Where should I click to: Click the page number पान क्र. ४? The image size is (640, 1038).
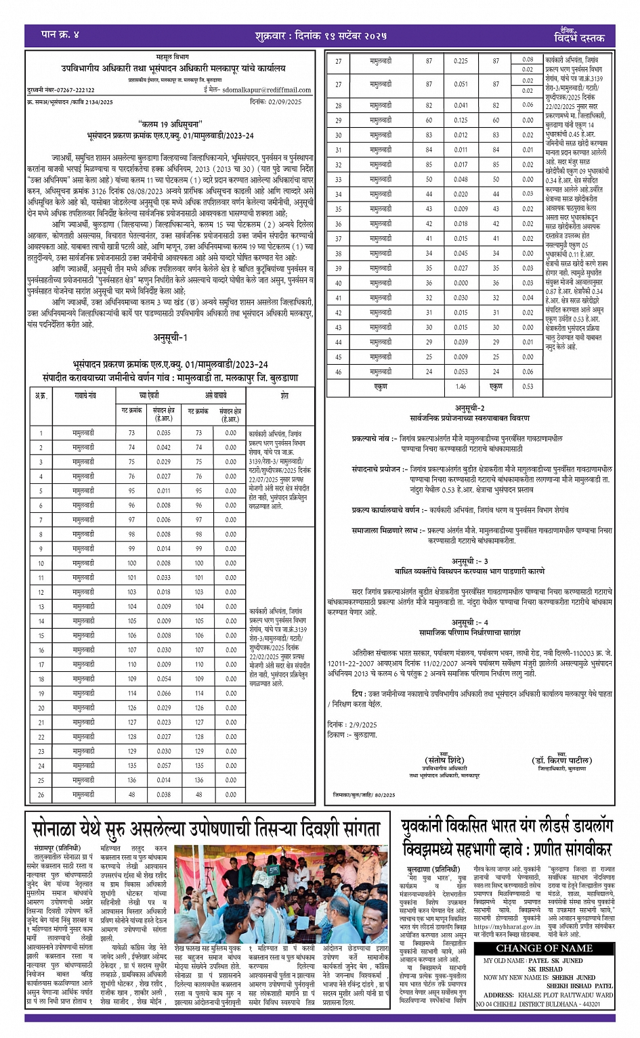click(60, 34)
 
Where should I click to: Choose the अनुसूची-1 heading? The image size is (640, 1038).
click(169, 337)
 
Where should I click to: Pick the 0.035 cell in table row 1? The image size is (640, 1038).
click(163, 432)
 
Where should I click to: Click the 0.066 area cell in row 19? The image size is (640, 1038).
click(163, 693)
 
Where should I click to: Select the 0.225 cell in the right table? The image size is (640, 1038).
click(461, 61)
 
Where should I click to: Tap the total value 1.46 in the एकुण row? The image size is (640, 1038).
click(461, 386)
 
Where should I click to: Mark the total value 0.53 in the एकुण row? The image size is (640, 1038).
click(528, 386)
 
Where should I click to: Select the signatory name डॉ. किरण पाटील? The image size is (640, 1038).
click(561, 761)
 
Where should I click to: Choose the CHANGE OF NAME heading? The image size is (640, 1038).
click(544, 948)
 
